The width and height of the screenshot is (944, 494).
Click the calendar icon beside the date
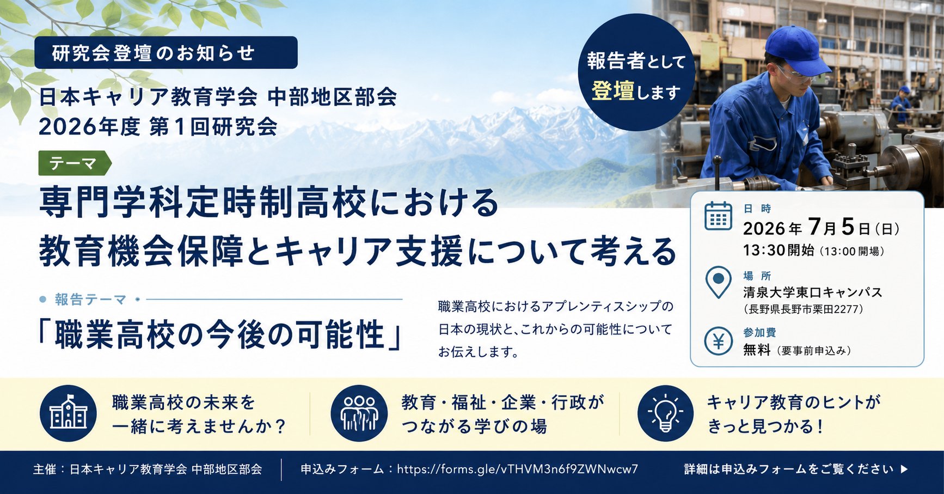click(718, 216)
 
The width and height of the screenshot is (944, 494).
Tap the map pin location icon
click(718, 282)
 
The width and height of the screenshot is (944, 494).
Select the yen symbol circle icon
click(718, 341)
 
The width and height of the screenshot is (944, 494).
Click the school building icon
click(68, 413)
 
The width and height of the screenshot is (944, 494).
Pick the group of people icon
click(359, 413)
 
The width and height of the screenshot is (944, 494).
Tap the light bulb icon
click(665, 413)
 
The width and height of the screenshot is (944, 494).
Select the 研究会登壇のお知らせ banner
click(166, 52)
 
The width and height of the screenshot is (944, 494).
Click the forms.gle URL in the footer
click(517, 469)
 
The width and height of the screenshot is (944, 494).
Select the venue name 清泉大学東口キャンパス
click(812, 292)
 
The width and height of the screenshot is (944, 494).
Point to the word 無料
click(757, 350)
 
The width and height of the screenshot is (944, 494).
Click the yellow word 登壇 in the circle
click(613, 92)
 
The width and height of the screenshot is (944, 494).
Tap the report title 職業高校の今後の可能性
click(220, 334)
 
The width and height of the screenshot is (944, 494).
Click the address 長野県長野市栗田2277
click(804, 309)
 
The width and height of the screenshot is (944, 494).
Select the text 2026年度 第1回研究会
click(158, 126)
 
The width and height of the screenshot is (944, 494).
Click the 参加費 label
click(759, 332)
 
